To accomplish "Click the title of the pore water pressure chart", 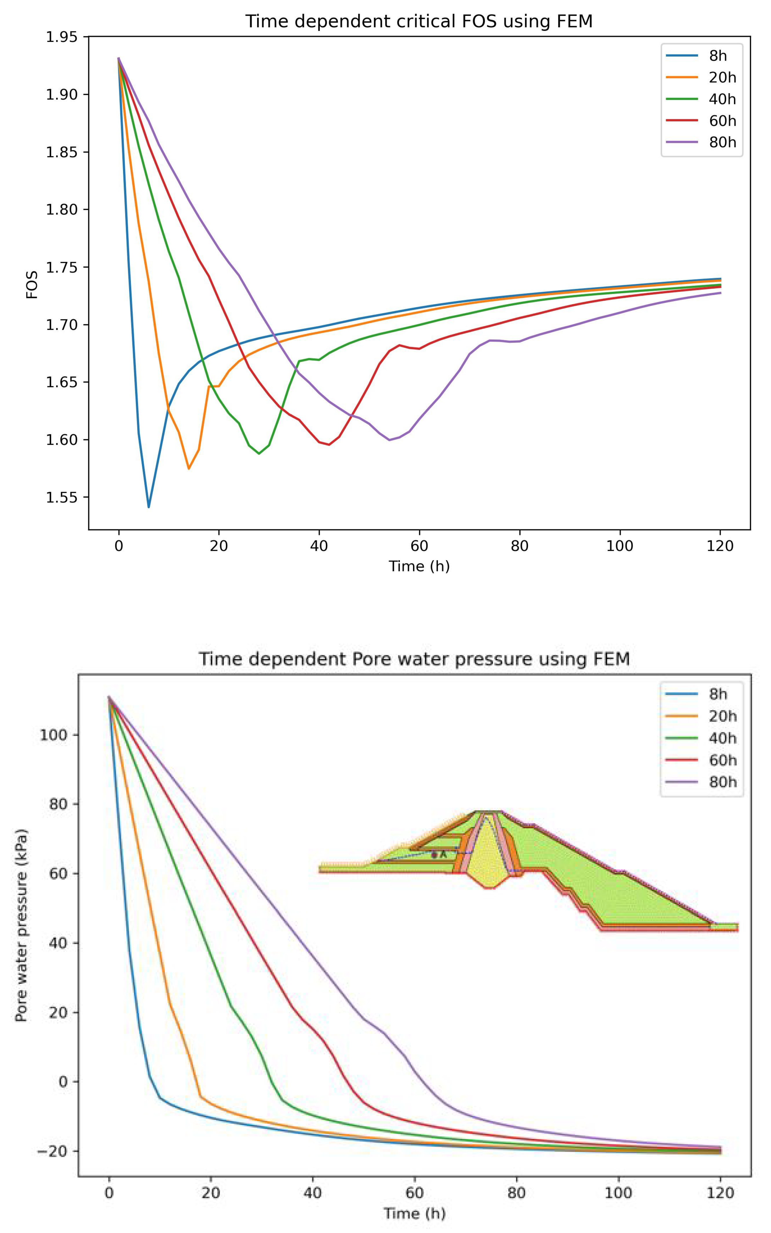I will [414, 659].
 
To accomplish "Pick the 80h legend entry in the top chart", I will [722, 142].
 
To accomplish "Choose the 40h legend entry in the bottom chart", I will [722, 738].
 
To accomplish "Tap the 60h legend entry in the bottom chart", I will [722, 760].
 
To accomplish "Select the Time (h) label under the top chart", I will [419, 566].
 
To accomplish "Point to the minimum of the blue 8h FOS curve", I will [148, 507].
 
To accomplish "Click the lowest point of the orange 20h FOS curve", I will [189, 468].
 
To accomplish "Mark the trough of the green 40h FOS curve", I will [259, 453].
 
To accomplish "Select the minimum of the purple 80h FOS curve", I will [390, 440].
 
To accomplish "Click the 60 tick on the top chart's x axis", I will [419, 546].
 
